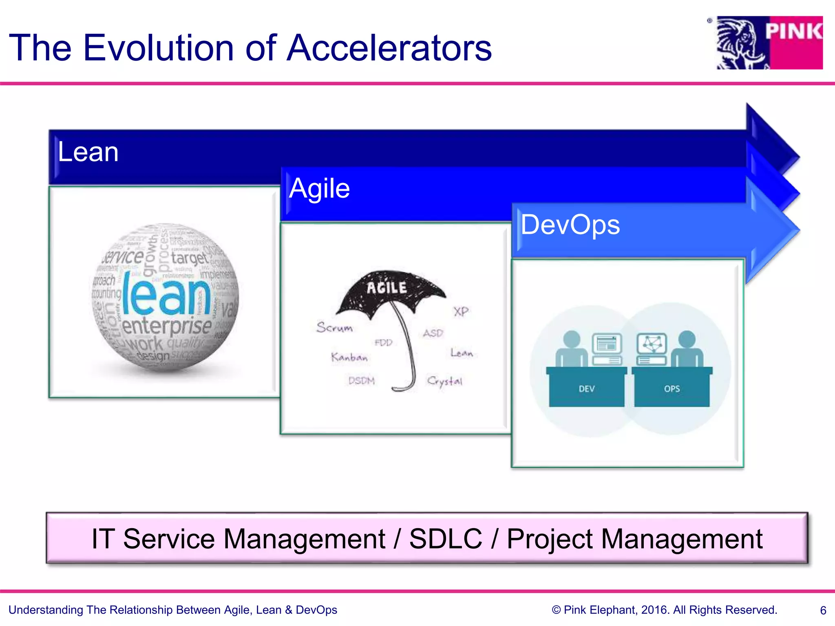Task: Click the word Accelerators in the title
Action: (x=389, y=48)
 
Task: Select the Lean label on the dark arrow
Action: (x=88, y=152)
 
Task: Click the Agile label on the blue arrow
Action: (x=319, y=188)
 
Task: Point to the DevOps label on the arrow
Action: (x=570, y=225)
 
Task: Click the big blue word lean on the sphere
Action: (x=166, y=294)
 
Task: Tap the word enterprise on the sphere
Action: (x=167, y=326)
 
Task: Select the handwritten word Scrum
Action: (x=334, y=327)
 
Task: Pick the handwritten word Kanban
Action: (x=349, y=357)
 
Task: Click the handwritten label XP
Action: (x=461, y=312)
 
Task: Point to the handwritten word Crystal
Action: (x=445, y=381)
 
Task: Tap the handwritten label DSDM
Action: (x=361, y=381)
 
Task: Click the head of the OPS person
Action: (x=687, y=339)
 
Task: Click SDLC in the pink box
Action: (x=445, y=539)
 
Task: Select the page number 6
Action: (x=823, y=611)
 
